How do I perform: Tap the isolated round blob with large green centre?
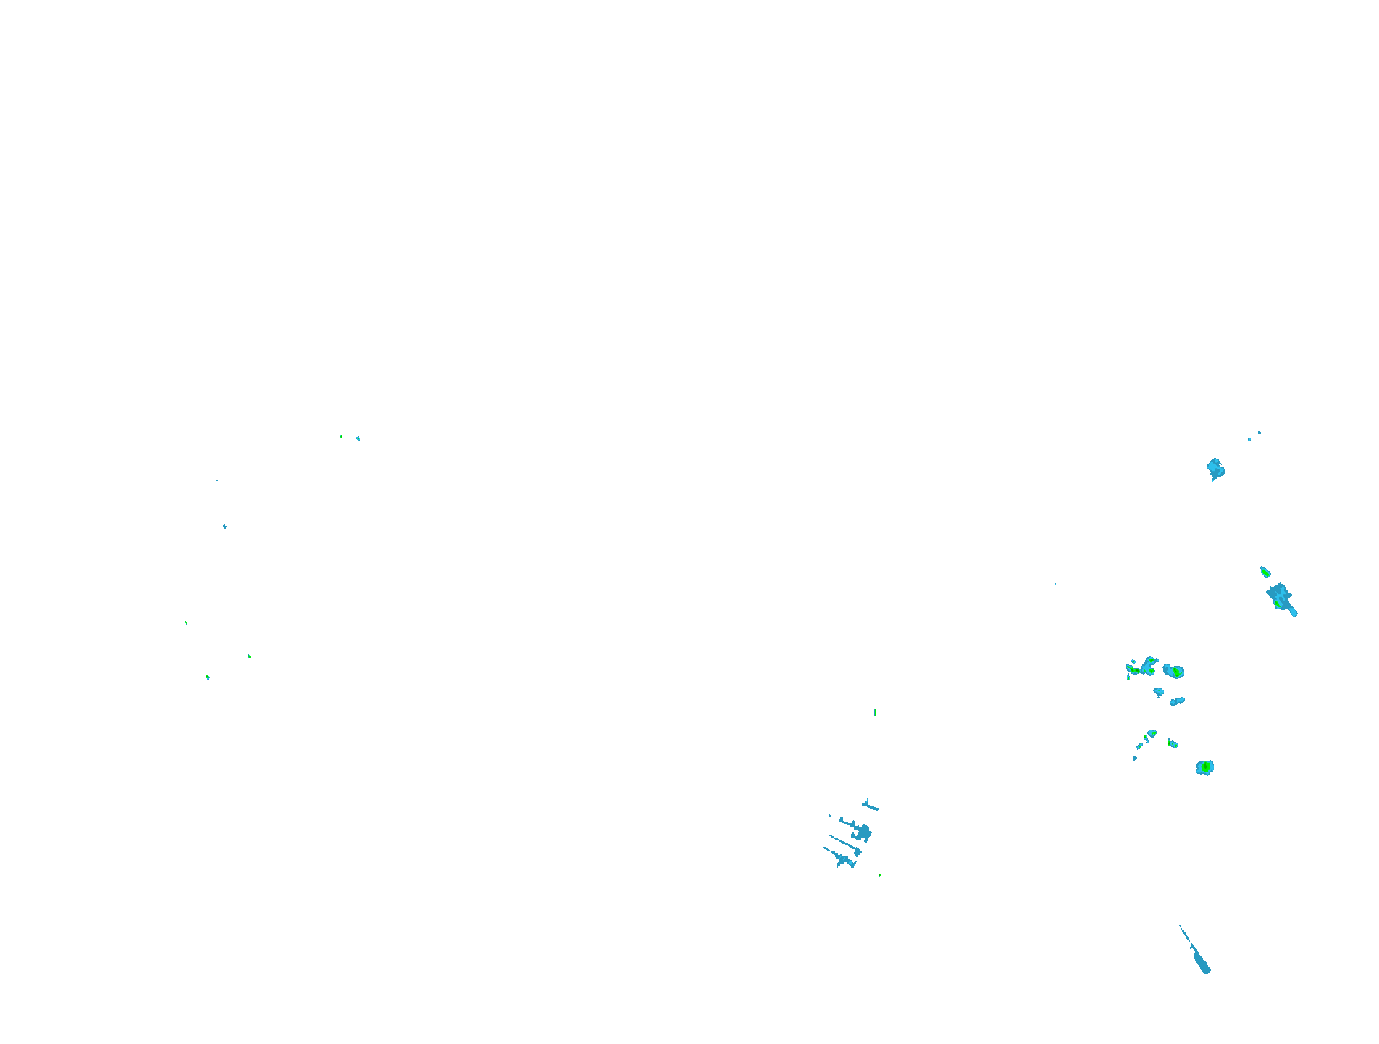[1204, 767]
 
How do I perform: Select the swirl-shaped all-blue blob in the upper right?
[1215, 469]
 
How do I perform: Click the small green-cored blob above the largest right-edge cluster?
[1265, 572]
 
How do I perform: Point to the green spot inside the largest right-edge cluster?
[1277, 603]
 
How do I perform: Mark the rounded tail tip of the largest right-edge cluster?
[1294, 613]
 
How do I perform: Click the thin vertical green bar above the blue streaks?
[875, 712]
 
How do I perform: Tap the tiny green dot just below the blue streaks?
[879, 875]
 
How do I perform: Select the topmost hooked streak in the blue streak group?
[869, 805]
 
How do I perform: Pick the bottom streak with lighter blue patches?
[842, 859]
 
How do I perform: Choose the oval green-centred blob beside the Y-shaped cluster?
[1174, 672]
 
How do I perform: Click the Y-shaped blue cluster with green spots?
[1145, 667]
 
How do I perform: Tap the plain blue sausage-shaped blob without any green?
[1177, 701]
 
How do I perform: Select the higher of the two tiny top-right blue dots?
[1259, 433]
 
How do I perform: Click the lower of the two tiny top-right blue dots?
[1249, 439]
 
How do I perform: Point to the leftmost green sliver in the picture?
[186, 622]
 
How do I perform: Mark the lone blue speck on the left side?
[225, 526]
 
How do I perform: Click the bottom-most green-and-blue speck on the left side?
[208, 677]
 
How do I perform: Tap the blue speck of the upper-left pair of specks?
[358, 438]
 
